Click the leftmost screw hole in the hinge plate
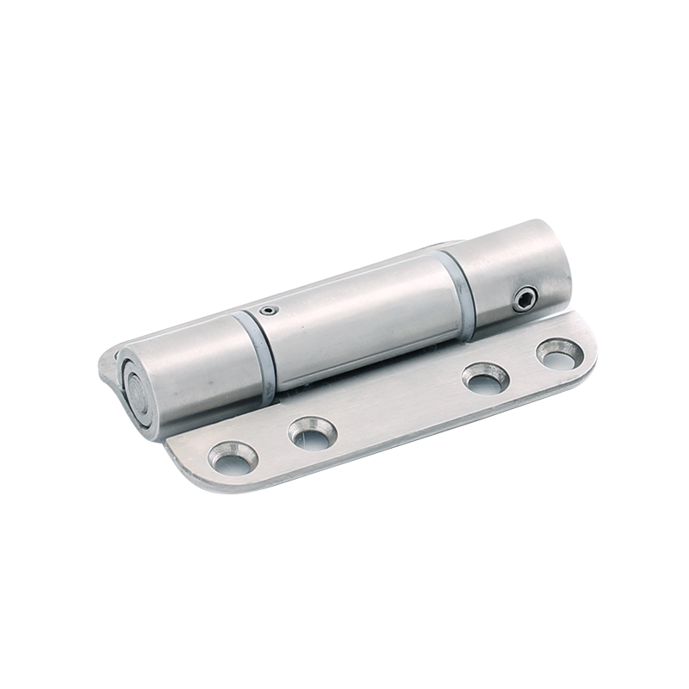[x=233, y=457]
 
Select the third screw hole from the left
[x=485, y=377]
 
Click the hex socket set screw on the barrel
[x=525, y=300]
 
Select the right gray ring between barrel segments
[x=457, y=293]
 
